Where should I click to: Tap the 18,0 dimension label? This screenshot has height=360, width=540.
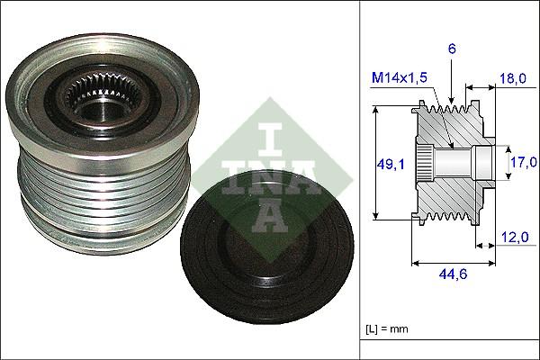pos(513,79)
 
